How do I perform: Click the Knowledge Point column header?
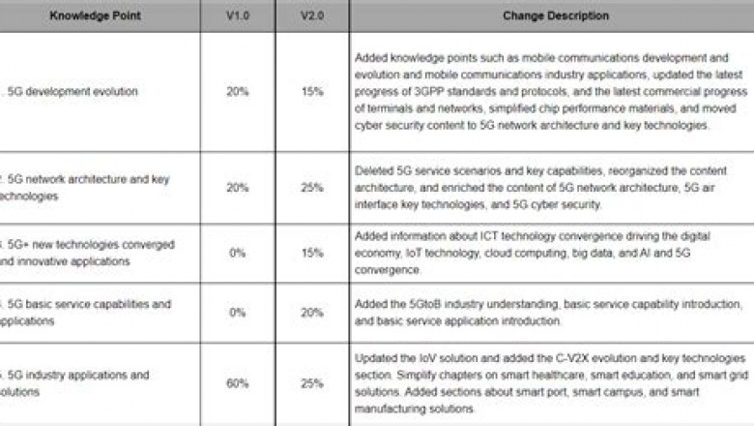(x=100, y=16)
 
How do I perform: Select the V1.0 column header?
(x=236, y=16)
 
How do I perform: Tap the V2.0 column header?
(x=311, y=16)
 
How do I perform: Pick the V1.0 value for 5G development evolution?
(x=236, y=92)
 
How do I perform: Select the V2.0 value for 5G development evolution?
(x=311, y=92)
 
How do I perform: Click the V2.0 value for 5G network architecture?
(x=311, y=187)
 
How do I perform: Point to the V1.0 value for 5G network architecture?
(x=236, y=187)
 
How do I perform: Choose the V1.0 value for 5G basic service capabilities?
(x=236, y=312)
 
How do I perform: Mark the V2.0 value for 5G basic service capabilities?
(x=311, y=312)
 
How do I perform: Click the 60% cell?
(x=236, y=383)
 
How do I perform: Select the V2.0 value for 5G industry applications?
(x=311, y=383)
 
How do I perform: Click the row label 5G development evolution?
(x=72, y=92)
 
